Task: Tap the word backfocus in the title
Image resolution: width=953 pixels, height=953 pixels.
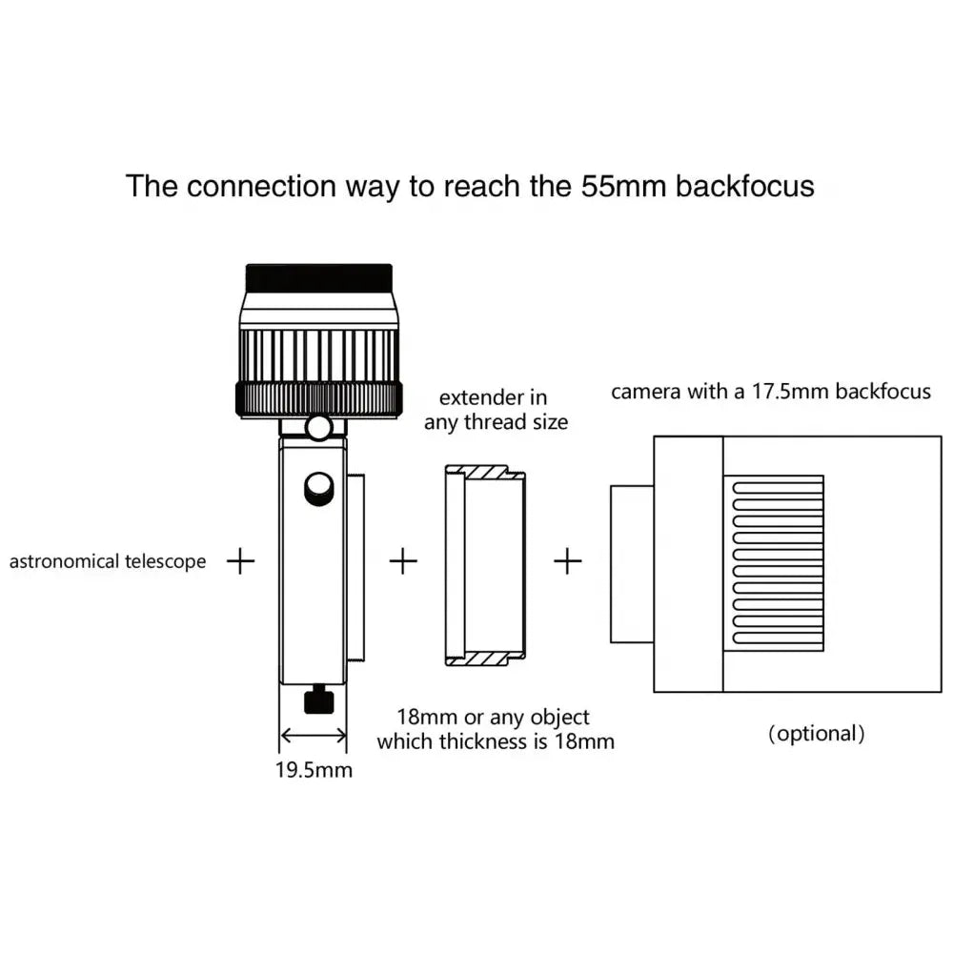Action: point(744,186)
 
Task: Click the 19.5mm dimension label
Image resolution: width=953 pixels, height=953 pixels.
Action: point(314,770)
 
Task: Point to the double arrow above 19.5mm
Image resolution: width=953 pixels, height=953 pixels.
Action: point(314,736)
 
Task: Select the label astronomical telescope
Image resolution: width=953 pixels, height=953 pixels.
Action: point(107,561)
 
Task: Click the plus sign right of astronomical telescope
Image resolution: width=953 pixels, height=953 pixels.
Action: point(241,561)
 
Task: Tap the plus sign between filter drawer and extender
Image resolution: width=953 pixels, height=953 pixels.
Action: point(404,561)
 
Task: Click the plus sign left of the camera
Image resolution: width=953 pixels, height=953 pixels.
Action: point(568,561)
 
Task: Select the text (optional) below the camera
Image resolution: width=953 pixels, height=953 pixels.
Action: point(817,734)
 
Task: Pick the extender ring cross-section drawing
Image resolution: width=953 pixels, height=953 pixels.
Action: point(484,565)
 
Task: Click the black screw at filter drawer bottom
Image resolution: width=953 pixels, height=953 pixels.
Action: point(318,703)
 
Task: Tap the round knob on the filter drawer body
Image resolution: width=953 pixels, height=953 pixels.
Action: point(318,490)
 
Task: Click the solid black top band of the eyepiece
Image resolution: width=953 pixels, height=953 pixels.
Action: point(319,278)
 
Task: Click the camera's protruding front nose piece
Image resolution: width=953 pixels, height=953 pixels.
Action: point(631,564)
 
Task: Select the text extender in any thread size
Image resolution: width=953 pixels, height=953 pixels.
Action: point(496,410)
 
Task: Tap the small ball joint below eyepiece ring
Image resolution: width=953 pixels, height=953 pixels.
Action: point(320,426)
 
